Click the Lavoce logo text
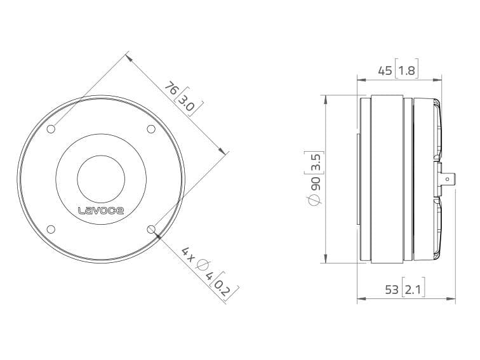coord(101,210)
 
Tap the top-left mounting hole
coord(51,129)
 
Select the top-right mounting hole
coord(151,129)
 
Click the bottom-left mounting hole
coord(51,229)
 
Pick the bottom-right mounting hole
coord(151,229)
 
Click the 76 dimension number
coord(171,88)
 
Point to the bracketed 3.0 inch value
coord(187,103)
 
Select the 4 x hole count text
coord(188,255)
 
